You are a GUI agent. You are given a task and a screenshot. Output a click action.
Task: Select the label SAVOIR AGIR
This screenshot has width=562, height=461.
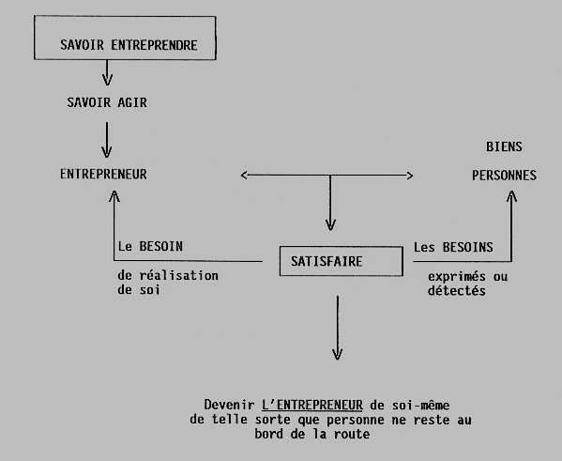pyautogui.click(x=107, y=102)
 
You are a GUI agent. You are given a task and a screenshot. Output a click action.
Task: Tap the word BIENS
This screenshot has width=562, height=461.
pyautogui.click(x=504, y=146)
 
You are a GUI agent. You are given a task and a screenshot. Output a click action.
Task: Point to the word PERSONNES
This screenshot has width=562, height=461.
pyautogui.click(x=504, y=175)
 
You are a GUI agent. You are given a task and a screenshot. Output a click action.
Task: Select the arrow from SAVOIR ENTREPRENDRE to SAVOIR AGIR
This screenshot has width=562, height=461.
pyautogui.click(x=107, y=73)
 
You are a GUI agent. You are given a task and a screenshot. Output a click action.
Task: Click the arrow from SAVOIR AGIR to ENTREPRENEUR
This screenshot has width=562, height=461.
pyautogui.click(x=106, y=140)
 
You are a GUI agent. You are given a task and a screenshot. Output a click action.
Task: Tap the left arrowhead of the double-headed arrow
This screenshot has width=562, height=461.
pyautogui.click(x=244, y=175)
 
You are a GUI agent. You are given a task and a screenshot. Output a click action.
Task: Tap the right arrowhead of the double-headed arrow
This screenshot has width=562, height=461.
pyautogui.click(x=410, y=176)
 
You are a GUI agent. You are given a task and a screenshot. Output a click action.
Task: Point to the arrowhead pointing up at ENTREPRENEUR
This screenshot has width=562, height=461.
pyautogui.click(x=114, y=195)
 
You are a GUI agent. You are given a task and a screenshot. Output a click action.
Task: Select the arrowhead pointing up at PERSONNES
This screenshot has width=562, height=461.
pyautogui.click(x=511, y=196)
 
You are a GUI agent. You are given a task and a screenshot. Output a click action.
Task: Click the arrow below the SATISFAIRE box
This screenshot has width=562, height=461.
pyautogui.click(x=337, y=328)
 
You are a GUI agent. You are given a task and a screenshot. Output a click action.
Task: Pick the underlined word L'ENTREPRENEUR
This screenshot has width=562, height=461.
pyautogui.click(x=312, y=405)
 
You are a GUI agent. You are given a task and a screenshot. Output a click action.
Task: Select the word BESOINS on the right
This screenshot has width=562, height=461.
pyautogui.click(x=468, y=247)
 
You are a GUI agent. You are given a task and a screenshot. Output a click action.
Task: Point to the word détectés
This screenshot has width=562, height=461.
pyautogui.click(x=457, y=291)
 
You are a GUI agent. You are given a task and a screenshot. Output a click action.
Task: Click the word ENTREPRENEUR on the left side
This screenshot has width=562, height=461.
pyautogui.click(x=103, y=174)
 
